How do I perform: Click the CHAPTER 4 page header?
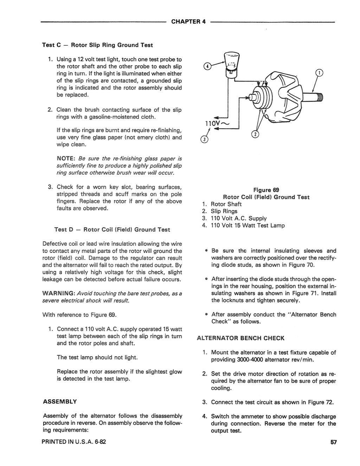point(188,21)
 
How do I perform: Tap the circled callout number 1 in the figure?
point(319,73)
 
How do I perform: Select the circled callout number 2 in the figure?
point(255,134)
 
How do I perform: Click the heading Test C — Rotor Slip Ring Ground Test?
point(97,45)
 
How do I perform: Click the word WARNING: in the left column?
point(58,293)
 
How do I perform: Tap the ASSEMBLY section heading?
point(60,401)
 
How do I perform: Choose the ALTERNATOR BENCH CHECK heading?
point(240,338)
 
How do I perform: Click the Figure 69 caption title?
point(266,190)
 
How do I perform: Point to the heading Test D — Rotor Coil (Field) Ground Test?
point(112,230)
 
